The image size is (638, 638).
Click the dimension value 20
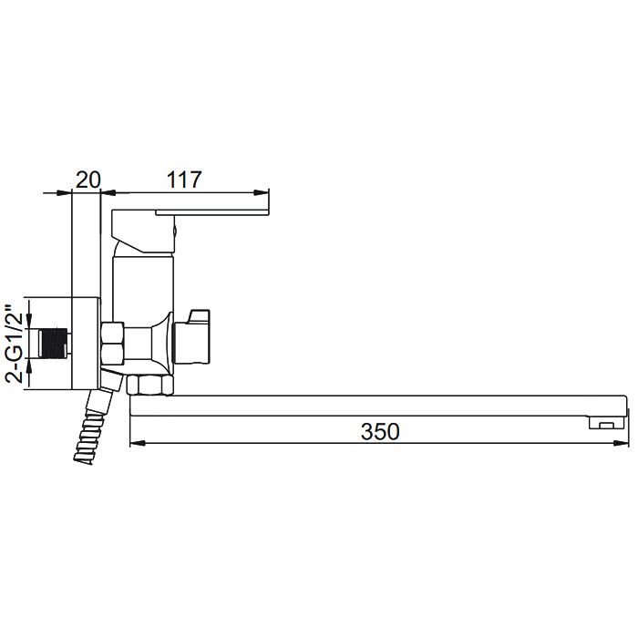point(87,180)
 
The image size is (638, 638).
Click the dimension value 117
point(184,180)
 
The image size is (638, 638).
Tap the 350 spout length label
point(380,431)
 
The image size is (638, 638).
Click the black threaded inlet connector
point(55,344)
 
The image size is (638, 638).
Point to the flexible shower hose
point(91,432)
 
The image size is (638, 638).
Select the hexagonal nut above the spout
point(149,385)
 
